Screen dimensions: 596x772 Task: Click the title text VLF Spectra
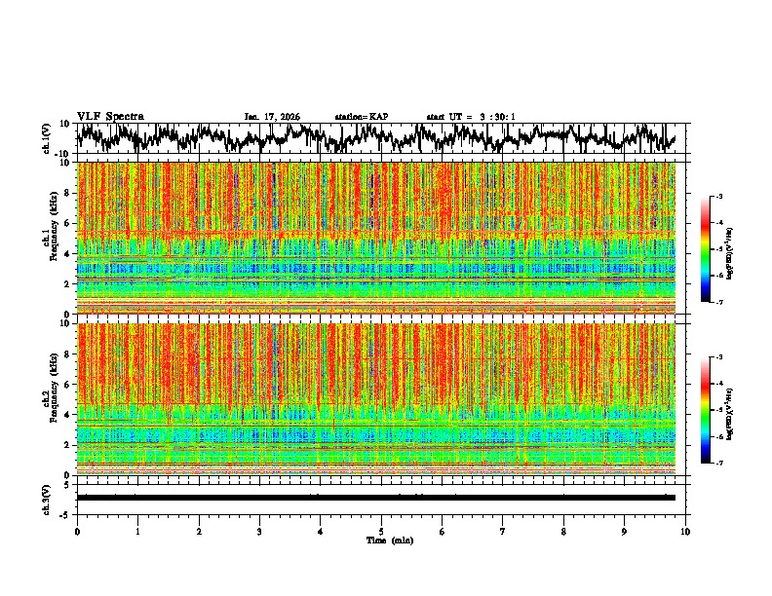coord(110,116)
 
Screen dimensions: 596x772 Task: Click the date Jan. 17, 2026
coord(272,117)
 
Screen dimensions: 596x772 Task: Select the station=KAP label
coord(362,117)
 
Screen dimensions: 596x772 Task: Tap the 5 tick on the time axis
coord(381,532)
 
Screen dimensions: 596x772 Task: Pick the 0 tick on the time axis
coord(77,532)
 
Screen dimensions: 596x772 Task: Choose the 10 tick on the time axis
coord(685,532)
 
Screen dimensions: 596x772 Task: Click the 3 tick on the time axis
coord(259,532)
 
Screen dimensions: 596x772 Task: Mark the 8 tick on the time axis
coord(563,532)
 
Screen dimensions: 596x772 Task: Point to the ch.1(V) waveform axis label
coord(48,138)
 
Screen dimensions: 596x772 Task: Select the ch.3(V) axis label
coord(48,498)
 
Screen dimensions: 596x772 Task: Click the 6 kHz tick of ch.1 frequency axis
coord(68,223)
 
